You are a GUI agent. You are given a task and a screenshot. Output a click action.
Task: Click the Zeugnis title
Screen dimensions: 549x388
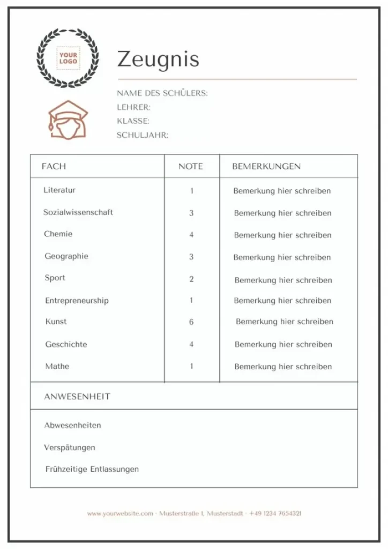pos(158,60)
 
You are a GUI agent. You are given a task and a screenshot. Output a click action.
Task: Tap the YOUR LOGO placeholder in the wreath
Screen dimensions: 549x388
pos(68,58)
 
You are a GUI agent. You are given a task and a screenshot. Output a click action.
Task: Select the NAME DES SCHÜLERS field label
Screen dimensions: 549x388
pos(162,93)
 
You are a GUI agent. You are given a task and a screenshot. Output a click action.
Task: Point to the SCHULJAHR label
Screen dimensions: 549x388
pos(142,135)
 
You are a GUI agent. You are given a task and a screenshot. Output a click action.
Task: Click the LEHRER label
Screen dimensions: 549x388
pos(133,107)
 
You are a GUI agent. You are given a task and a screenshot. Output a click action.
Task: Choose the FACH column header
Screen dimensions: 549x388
pos(54,166)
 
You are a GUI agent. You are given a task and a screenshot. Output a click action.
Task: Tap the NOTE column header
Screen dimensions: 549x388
pos(191,166)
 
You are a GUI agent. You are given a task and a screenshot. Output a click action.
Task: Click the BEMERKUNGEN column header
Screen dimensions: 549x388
pos(266,166)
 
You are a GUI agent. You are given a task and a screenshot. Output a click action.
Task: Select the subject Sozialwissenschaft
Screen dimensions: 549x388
pos(78,212)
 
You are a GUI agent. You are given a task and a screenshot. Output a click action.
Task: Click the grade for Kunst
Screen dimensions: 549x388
pos(191,322)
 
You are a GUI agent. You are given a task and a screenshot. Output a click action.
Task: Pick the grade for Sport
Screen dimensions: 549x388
pos(191,279)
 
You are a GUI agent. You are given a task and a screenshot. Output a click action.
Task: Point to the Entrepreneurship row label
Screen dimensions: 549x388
pos(77,301)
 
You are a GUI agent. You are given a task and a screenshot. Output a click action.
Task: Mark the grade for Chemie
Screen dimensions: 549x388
pos(191,235)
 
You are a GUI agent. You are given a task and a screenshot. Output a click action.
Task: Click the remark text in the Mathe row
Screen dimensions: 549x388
pos(283,367)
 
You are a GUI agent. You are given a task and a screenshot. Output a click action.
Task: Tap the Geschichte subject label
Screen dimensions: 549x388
pos(66,344)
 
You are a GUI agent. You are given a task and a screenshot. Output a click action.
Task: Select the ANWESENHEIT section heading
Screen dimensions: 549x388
pos(77,397)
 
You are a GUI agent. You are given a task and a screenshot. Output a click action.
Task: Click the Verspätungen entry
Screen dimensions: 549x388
pos(70,447)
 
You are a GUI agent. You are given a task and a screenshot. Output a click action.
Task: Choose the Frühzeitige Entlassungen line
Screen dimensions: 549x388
pos(92,469)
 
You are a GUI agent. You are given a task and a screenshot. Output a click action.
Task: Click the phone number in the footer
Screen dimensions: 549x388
pos(275,514)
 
